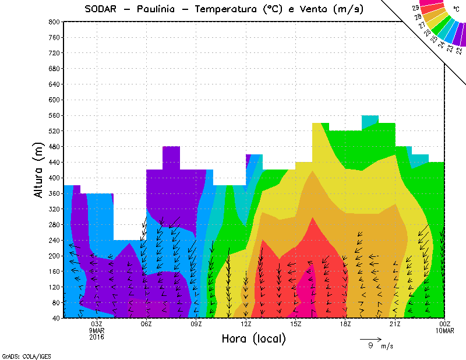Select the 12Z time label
[x=246, y=324]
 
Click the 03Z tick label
[x=97, y=324]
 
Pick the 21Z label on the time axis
[x=396, y=324]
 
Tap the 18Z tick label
[x=345, y=324]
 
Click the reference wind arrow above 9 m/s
[x=370, y=338]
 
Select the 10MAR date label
[x=445, y=330]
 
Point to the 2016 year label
[x=97, y=337]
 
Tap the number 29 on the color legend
[x=415, y=8]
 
